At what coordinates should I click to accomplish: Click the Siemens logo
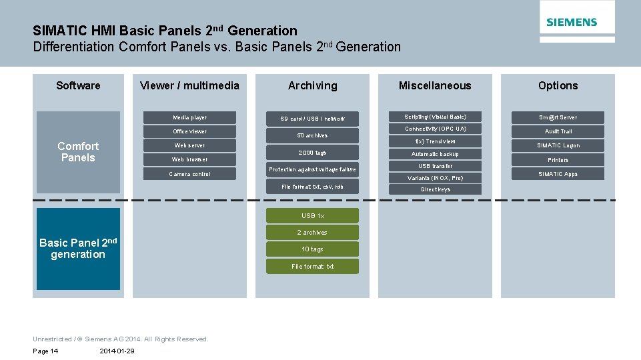572,22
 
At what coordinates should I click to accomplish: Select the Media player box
190,117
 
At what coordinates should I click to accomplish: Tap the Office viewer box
190,131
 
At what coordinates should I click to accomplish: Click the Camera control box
190,174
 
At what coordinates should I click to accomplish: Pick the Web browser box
190,159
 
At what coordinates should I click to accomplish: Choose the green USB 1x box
312,215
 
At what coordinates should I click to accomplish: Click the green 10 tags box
312,249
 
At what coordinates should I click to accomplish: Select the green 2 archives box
312,233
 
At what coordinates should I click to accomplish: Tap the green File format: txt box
312,267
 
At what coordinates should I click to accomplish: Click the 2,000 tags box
312,153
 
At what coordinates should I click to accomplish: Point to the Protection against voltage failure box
312,169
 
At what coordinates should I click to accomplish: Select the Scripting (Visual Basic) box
436,117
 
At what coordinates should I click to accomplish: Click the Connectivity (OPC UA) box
436,129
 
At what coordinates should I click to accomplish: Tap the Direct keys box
436,189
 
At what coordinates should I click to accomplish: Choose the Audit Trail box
558,131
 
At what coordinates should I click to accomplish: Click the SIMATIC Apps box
558,174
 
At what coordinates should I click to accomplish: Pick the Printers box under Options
558,160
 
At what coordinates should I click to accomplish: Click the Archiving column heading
312,85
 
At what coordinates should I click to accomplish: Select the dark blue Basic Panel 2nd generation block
78,249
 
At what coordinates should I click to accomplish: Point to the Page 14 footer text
45,351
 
